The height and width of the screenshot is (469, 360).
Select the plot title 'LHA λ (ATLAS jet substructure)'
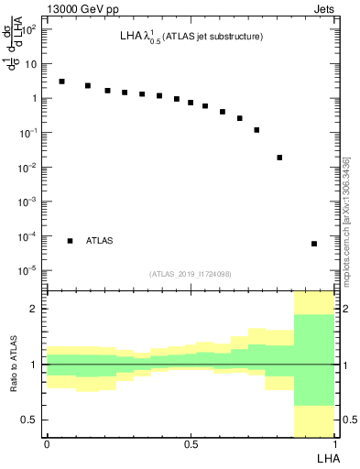click(x=191, y=38)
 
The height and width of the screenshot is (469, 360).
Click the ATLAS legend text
click(x=100, y=241)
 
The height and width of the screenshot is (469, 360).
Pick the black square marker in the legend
click(x=70, y=241)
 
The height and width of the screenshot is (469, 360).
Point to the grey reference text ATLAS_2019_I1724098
click(x=191, y=274)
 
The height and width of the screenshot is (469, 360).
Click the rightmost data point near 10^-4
click(x=314, y=244)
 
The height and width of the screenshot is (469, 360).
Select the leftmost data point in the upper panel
click(x=61, y=82)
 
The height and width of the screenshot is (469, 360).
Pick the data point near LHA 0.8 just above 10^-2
click(x=279, y=158)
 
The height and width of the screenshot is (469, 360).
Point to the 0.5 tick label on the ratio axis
click(x=31, y=420)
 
